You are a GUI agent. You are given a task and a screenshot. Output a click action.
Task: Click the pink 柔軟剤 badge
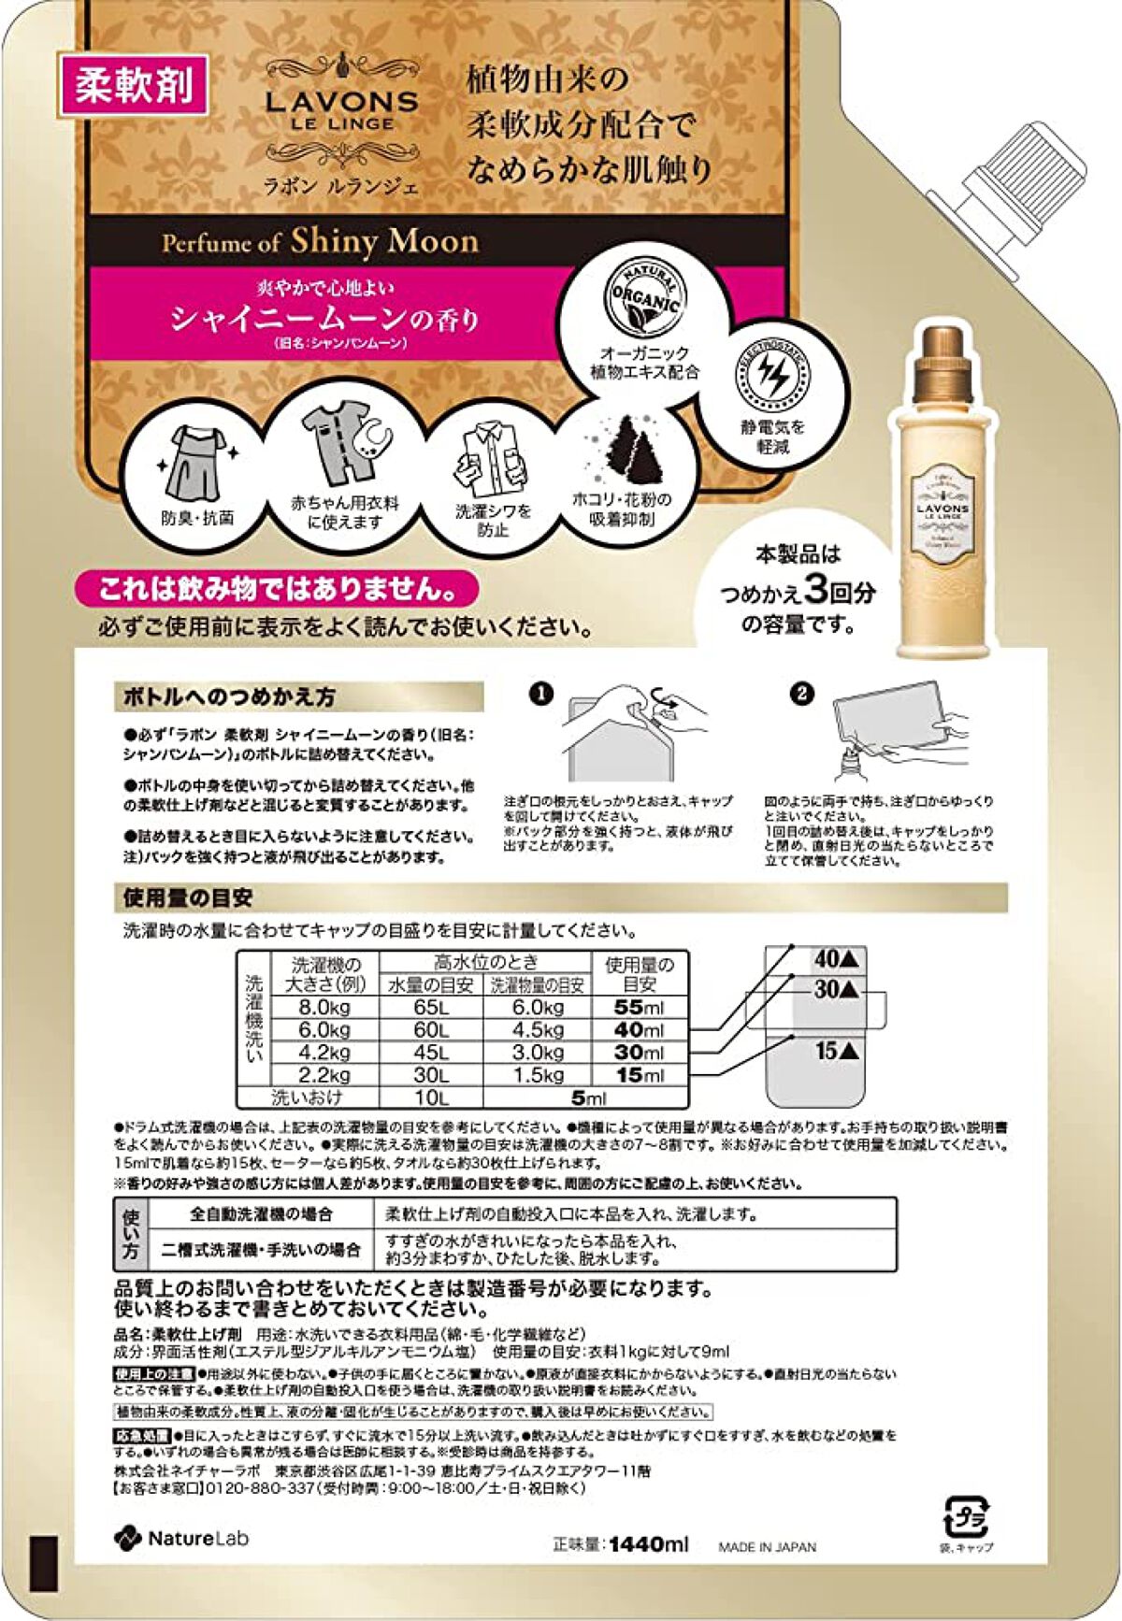coord(133,86)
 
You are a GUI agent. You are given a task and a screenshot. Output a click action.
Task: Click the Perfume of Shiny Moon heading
coord(320,243)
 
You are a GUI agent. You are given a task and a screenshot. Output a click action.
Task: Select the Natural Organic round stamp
coord(644,298)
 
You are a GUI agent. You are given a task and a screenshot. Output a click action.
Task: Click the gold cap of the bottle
coord(942,351)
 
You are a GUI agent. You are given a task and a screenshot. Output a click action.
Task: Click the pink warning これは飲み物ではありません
coord(278,589)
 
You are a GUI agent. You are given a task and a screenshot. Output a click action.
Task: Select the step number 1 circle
coord(541,694)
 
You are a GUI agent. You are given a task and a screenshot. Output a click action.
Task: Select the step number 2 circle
coord(801,694)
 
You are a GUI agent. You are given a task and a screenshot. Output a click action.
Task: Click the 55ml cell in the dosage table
coord(639,1007)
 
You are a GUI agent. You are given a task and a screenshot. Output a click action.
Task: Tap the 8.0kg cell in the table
coord(324,1007)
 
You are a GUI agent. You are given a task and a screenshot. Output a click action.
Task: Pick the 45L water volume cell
coord(431,1052)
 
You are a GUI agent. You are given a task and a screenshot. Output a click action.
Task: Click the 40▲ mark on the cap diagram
coord(835,959)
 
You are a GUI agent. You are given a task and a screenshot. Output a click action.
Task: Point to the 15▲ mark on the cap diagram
coord(836,1051)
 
